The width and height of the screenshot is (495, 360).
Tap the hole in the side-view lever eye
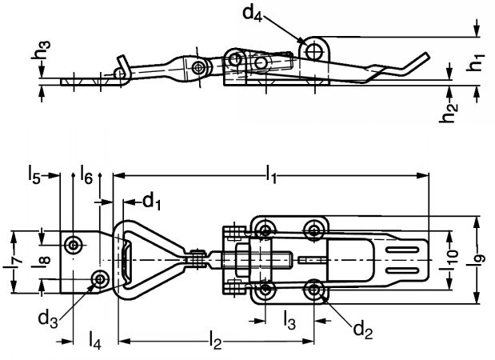pyautogui.click(x=315, y=50)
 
